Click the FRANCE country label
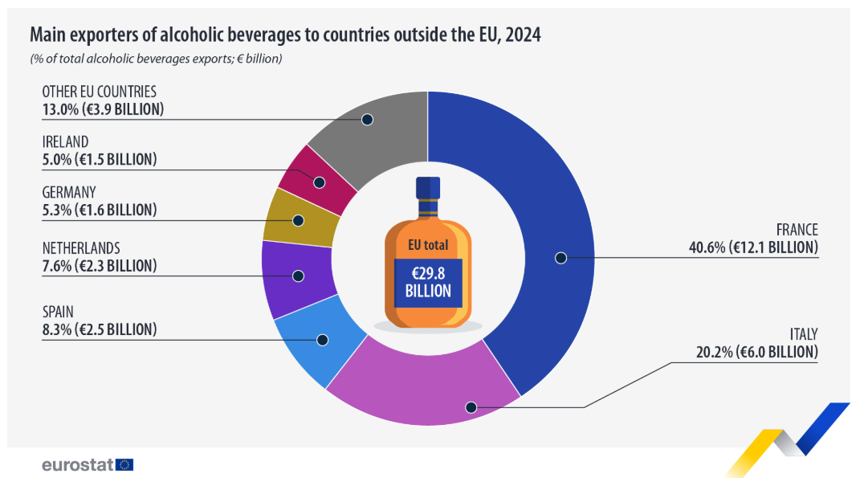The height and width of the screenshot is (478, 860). (x=797, y=230)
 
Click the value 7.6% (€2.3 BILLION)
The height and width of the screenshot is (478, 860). (x=100, y=265)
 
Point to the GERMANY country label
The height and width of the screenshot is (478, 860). (x=69, y=192)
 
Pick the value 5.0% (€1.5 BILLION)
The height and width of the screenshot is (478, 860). (x=100, y=159)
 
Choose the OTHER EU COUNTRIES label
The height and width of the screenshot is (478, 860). (x=99, y=92)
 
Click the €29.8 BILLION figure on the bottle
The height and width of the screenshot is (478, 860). (x=428, y=282)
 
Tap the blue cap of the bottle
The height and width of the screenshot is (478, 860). (x=428, y=188)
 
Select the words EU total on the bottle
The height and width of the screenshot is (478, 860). (x=428, y=245)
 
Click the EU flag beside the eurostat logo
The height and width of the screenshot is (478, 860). (x=124, y=464)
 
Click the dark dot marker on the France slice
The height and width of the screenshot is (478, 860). (x=560, y=258)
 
